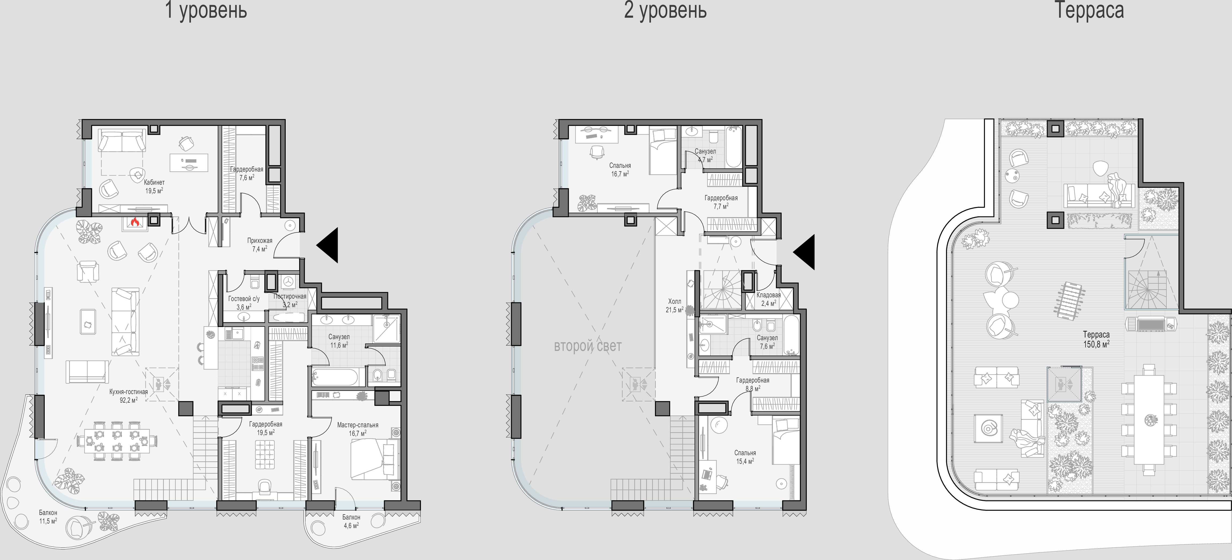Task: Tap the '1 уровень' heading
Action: pyautogui.click(x=206, y=10)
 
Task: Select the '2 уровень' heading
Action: pyautogui.click(x=665, y=10)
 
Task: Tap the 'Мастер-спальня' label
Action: pyautogui.click(x=358, y=425)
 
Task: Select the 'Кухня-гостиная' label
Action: pyautogui.click(x=128, y=392)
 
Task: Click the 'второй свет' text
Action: pyautogui.click(x=588, y=346)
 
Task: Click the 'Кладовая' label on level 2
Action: pyautogui.click(x=768, y=295)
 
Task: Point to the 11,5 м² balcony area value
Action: pyautogui.click(x=48, y=520)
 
